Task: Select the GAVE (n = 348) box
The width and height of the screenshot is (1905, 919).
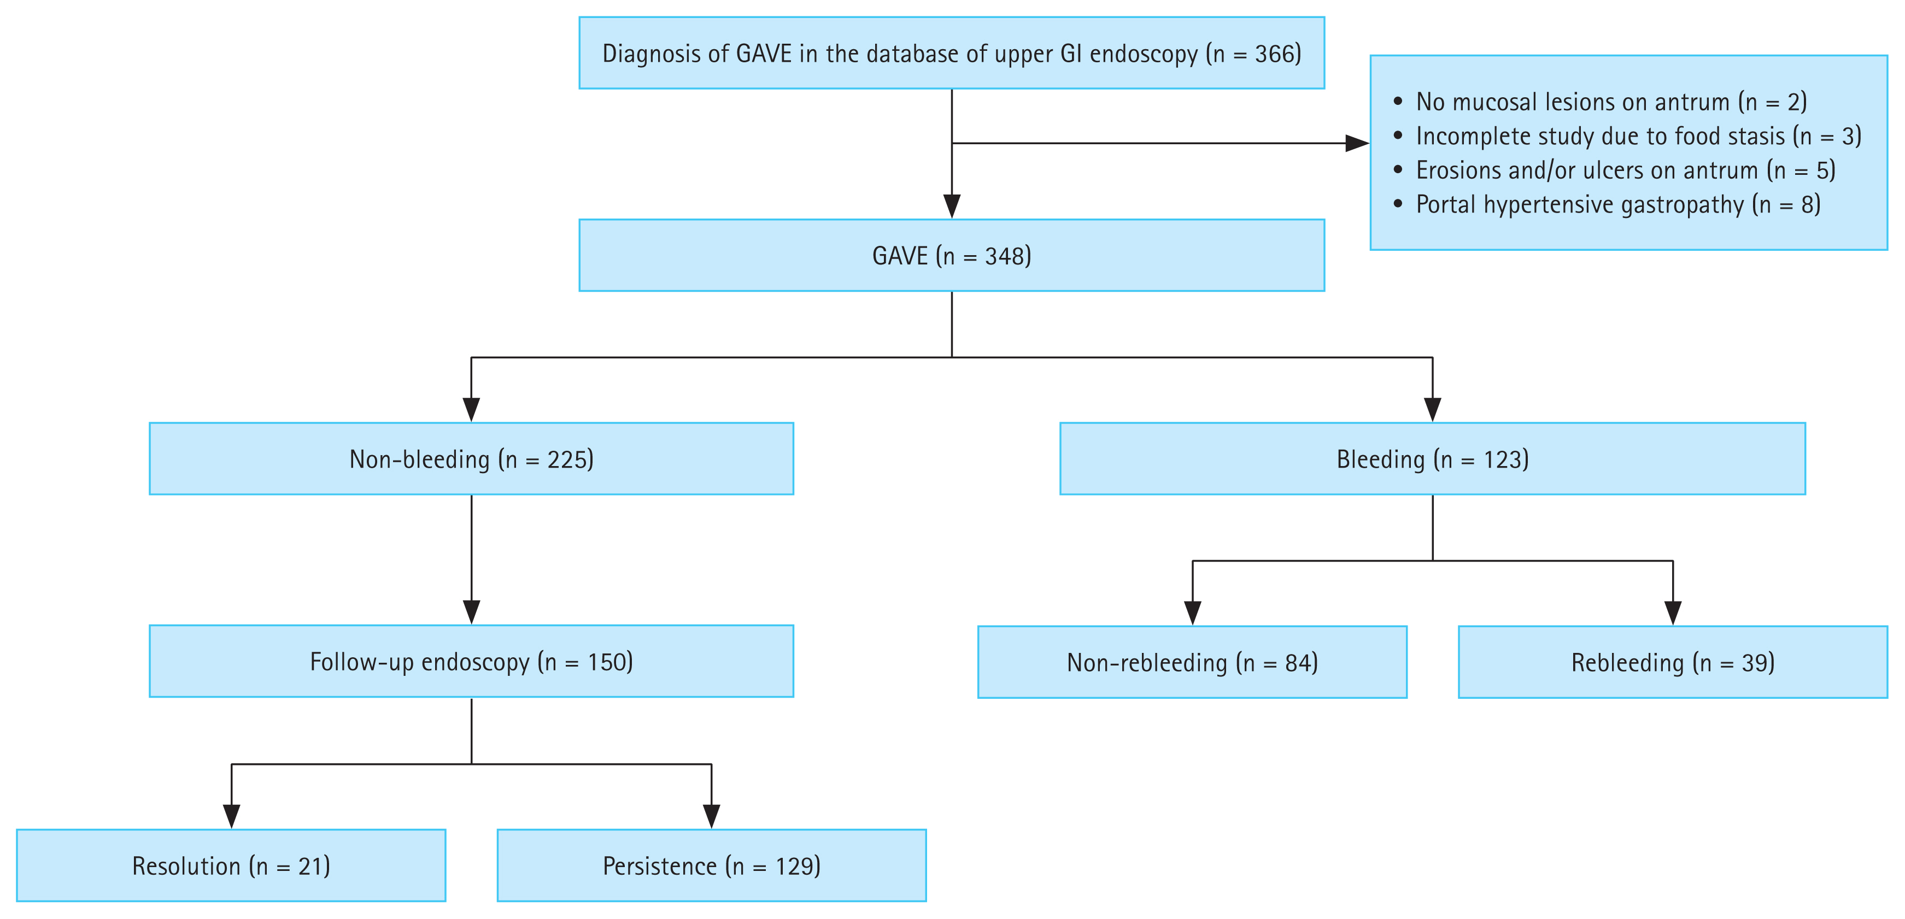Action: pyautogui.click(x=951, y=256)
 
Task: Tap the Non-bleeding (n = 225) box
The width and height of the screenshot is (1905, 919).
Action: pyautogui.click(x=471, y=459)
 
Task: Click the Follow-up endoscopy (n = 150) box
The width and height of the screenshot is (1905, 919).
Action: pyautogui.click(x=471, y=662)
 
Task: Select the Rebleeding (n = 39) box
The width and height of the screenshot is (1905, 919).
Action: pyautogui.click(x=1672, y=662)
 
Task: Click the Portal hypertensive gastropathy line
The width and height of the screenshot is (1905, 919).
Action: pyautogui.click(x=1617, y=204)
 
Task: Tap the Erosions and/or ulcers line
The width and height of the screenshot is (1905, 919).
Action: pyautogui.click(x=1625, y=170)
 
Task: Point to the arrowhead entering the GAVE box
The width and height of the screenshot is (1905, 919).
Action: pyautogui.click(x=952, y=207)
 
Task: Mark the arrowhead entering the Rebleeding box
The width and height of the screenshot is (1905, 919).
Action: pyautogui.click(x=1673, y=613)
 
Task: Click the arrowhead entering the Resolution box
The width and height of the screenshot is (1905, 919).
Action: pyautogui.click(x=231, y=816)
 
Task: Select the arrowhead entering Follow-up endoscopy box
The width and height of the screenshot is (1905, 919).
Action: pyautogui.click(x=471, y=612)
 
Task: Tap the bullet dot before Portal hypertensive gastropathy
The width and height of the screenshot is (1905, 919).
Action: pyautogui.click(x=1398, y=203)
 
